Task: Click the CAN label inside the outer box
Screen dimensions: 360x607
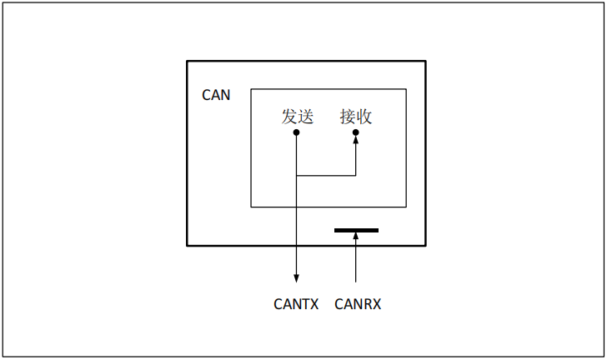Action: pos(216,95)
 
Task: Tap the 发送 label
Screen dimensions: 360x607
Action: pos(297,117)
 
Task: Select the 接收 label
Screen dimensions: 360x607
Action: pos(356,117)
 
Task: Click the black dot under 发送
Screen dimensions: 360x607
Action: pos(297,132)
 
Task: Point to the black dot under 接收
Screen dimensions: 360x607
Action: pos(356,132)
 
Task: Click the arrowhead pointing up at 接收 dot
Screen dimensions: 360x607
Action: pos(356,141)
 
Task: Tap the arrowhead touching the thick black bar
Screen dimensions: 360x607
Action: pos(356,237)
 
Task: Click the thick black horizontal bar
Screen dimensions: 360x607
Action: pos(356,230)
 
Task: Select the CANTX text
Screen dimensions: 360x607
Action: pos(296,304)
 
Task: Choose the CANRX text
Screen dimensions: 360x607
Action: pos(358,304)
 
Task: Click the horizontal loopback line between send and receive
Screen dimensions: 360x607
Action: pos(326,176)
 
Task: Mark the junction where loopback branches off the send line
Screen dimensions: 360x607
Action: pos(297,176)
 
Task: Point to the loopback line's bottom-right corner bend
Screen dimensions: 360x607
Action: pos(356,176)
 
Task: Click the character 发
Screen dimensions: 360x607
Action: pos(289,117)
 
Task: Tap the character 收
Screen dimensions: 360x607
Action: pos(364,117)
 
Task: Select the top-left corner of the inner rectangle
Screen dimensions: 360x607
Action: pos(251,89)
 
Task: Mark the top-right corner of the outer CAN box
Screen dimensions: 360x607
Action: pos(425,61)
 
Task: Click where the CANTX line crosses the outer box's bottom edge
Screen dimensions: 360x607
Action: pos(297,245)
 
